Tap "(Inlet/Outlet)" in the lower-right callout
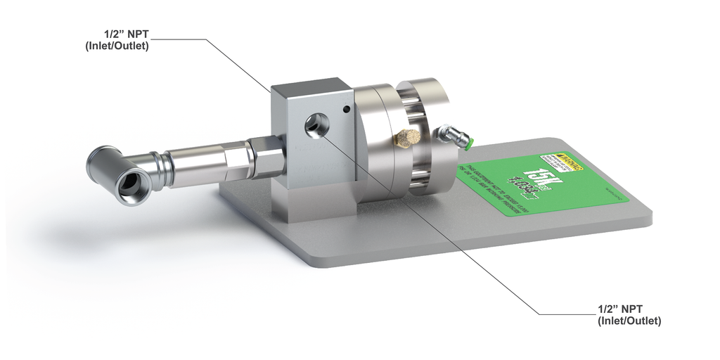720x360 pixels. [629, 321]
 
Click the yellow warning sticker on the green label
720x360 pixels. [560, 161]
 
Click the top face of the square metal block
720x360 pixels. [313, 86]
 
